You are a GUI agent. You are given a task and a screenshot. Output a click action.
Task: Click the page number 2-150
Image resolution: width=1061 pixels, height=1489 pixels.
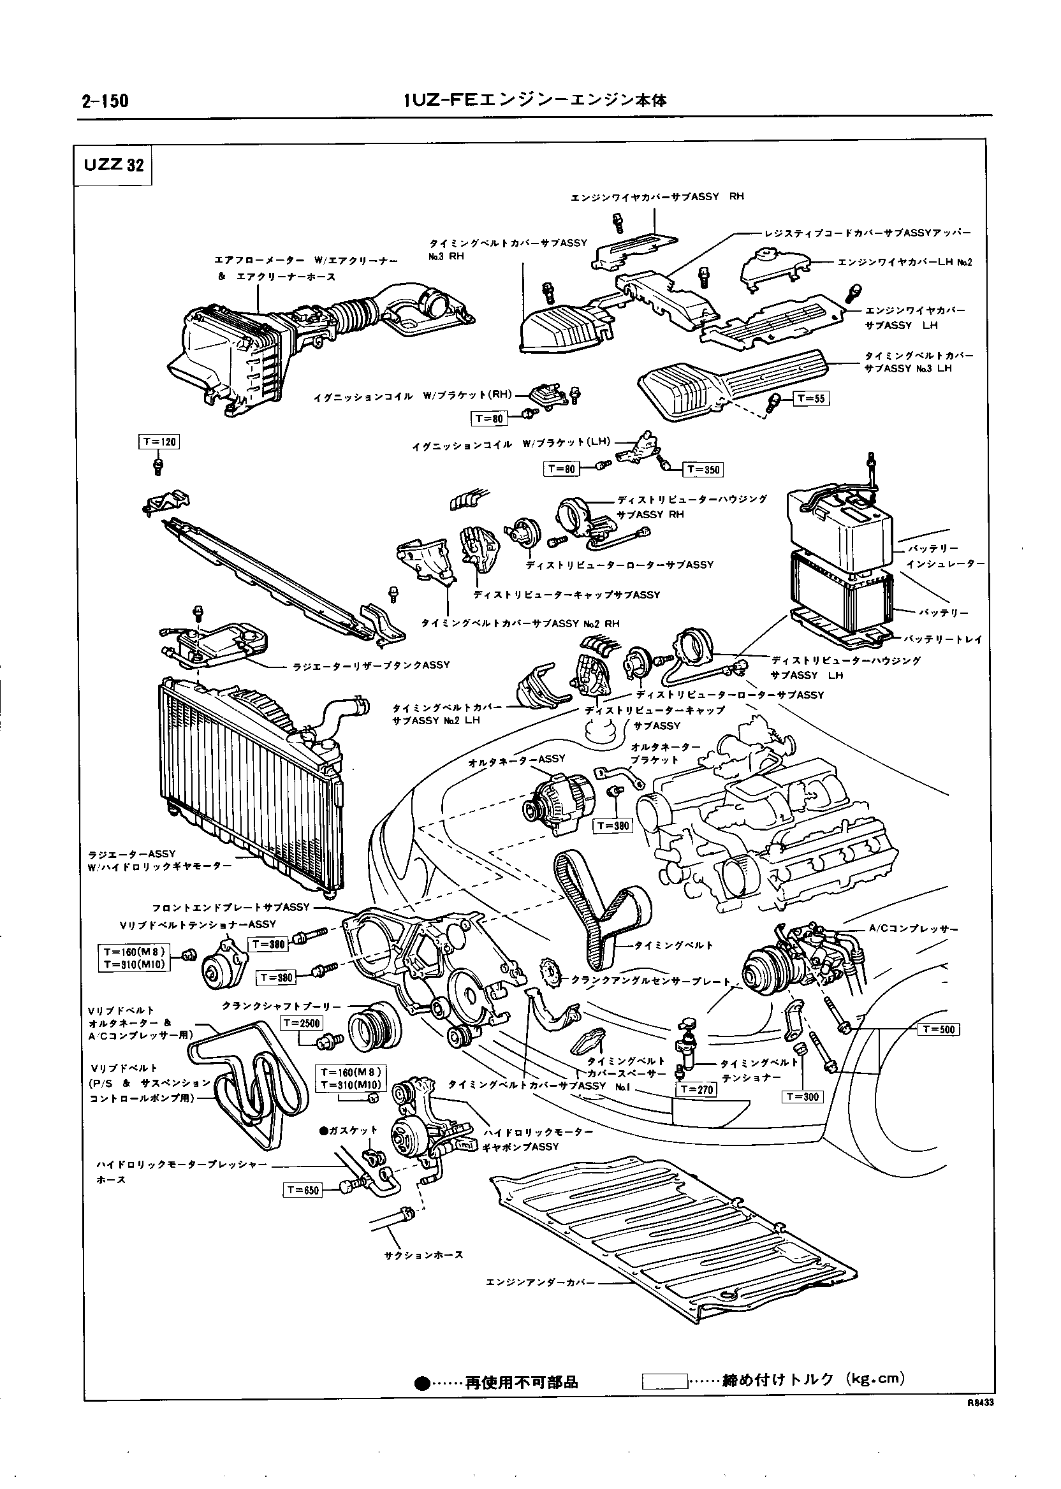[x=105, y=101]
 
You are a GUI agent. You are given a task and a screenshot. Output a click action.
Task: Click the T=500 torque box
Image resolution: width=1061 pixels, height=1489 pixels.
[x=939, y=1030]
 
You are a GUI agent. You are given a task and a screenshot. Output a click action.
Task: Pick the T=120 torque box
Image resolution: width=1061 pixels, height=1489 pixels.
[x=159, y=442]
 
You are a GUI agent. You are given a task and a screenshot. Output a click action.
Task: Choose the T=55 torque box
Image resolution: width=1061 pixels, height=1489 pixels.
[x=811, y=398]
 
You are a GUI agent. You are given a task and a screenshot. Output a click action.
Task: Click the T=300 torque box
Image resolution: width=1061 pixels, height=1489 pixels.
[x=802, y=1096]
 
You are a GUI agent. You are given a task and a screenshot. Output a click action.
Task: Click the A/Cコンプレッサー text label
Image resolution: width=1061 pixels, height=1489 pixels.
[x=913, y=929]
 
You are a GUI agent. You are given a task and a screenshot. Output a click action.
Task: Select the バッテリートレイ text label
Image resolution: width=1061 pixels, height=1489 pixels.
[x=944, y=639]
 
